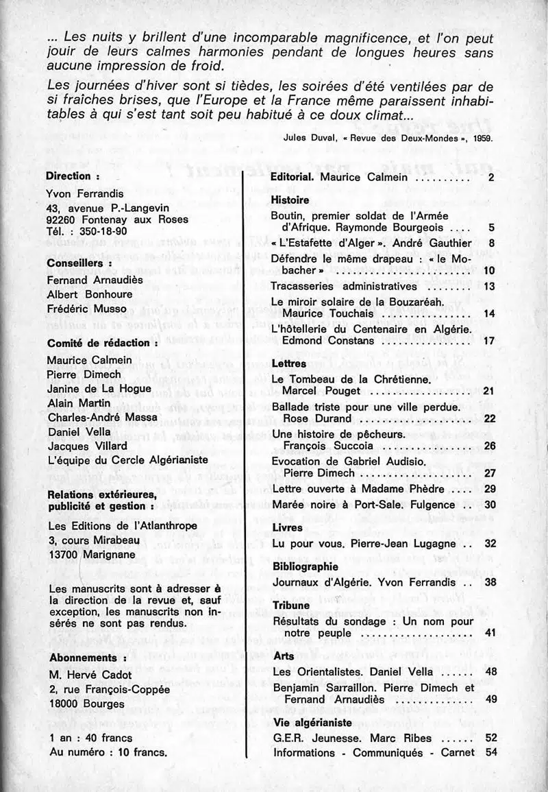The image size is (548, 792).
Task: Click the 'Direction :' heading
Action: point(73,176)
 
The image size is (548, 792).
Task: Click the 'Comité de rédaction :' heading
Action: point(103,342)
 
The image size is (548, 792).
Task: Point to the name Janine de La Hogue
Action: point(99,389)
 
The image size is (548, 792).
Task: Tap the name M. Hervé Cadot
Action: point(90,673)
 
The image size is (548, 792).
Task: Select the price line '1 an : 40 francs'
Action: point(91,738)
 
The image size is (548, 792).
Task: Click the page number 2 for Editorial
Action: point(491,178)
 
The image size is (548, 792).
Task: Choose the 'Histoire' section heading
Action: point(290,200)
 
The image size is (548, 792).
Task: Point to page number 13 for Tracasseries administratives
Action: point(488,286)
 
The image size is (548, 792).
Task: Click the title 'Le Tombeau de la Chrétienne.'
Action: point(351,379)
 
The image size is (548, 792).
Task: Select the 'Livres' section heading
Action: point(287,528)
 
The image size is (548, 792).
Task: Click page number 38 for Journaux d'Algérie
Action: point(488,582)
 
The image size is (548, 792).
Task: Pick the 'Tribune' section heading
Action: point(290,606)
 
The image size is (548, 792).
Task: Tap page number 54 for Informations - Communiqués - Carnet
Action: point(489,752)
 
